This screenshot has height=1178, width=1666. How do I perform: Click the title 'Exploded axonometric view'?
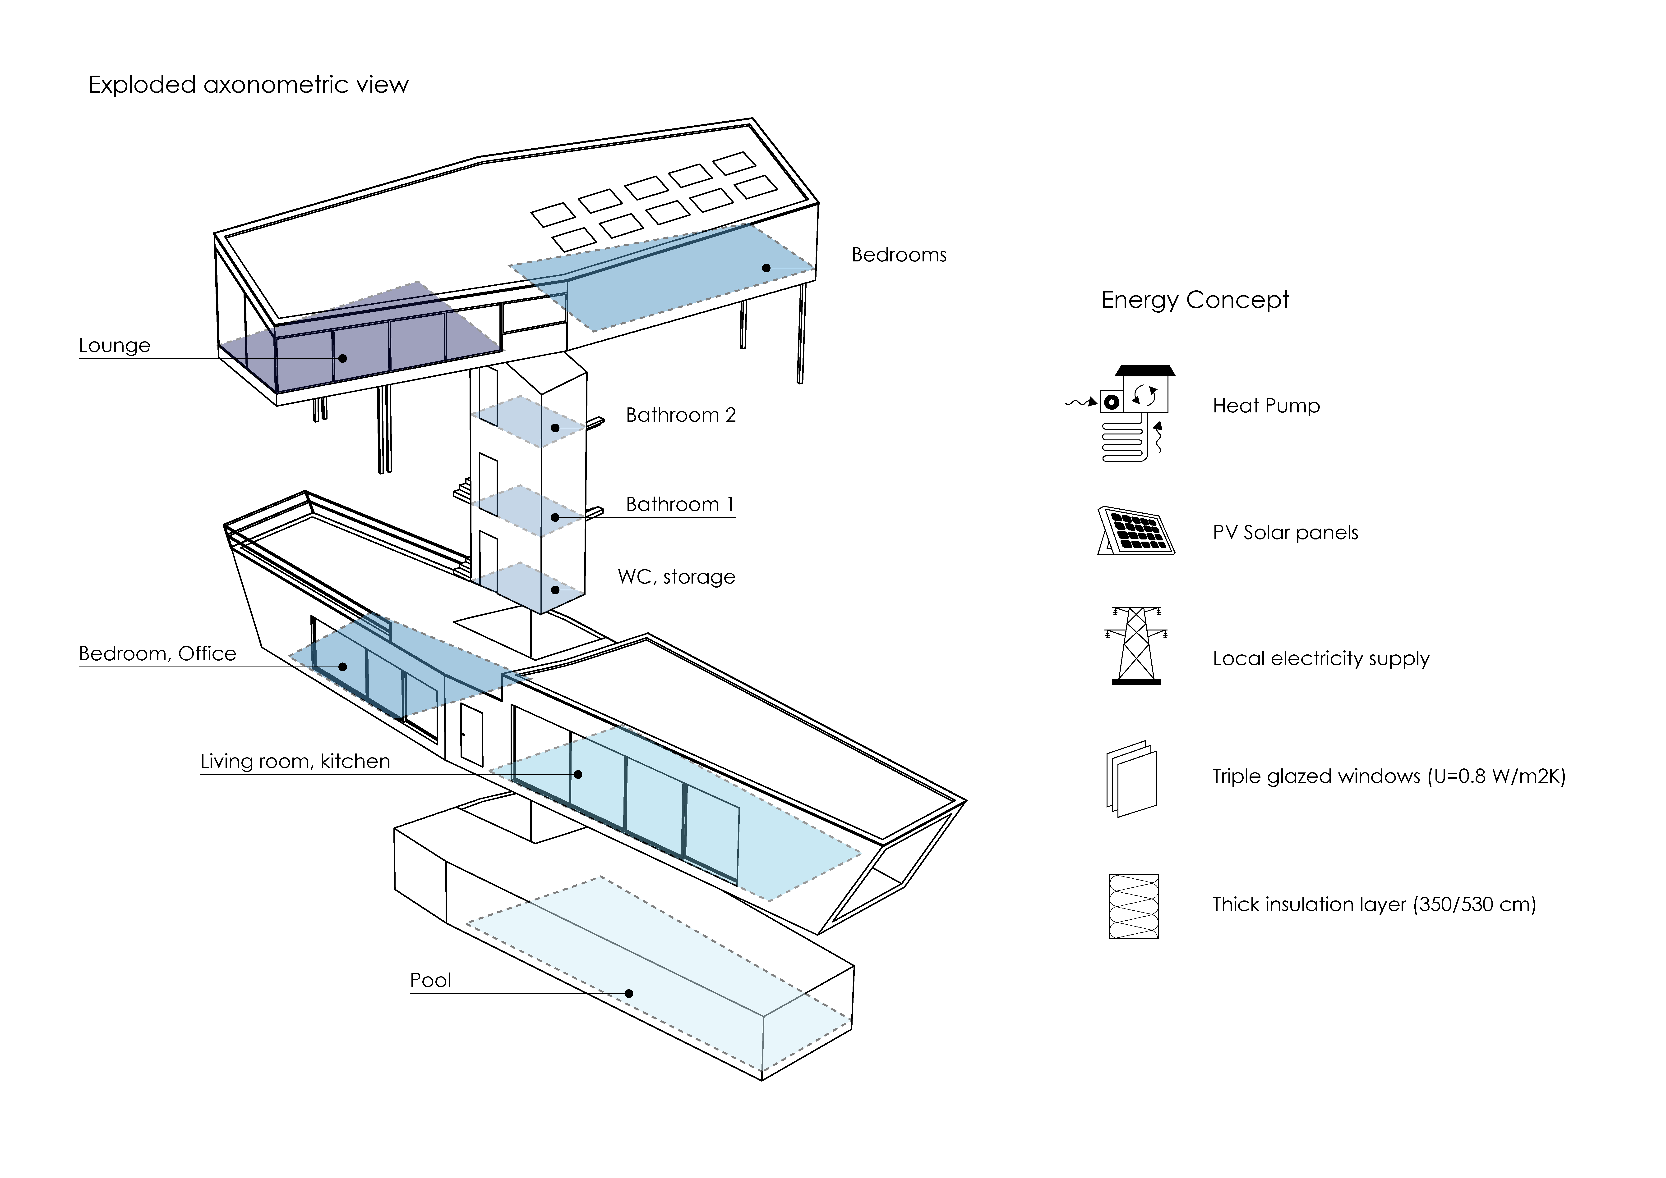(x=248, y=85)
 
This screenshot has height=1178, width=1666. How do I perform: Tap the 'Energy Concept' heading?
(x=1194, y=300)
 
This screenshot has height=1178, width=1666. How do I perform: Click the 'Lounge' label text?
(x=115, y=345)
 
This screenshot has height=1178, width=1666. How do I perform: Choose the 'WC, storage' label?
(x=676, y=577)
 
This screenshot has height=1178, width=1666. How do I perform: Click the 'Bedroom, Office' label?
(x=157, y=653)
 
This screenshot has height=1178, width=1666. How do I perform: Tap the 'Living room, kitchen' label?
(x=295, y=761)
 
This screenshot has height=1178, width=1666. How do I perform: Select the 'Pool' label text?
(x=430, y=980)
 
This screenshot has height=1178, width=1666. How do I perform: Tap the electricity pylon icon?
(x=1135, y=645)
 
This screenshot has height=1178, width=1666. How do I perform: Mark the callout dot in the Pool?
(x=629, y=993)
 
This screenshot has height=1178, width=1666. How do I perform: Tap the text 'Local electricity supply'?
(x=1321, y=658)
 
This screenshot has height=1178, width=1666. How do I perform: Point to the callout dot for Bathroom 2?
(x=555, y=428)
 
